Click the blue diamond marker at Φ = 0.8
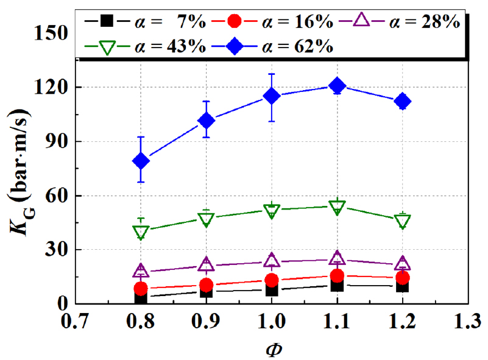tap(141, 161)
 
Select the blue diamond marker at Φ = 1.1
tap(337, 86)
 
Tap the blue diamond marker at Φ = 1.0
tap(272, 96)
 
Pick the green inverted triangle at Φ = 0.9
tap(206, 220)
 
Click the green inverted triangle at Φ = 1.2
tap(402, 221)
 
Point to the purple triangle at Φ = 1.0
tap(272, 259)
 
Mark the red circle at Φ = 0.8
tap(141, 288)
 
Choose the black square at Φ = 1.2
tap(402, 285)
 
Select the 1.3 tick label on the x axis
tap(467, 321)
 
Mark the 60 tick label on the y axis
tap(58, 196)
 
